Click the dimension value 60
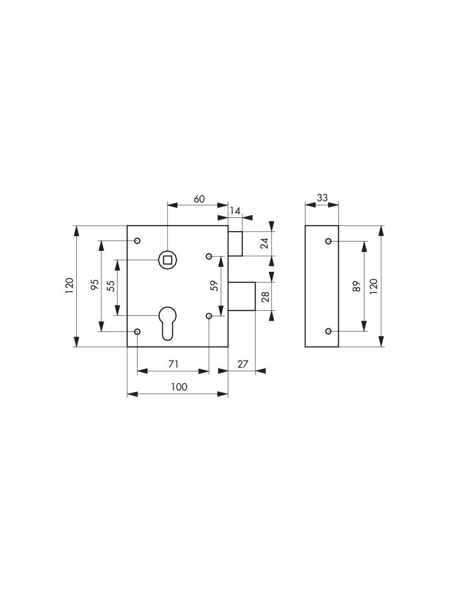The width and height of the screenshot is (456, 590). click(x=199, y=199)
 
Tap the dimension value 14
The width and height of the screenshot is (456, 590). click(x=235, y=211)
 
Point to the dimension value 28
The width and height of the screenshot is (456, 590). click(x=266, y=297)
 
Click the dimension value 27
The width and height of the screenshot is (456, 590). click(x=243, y=364)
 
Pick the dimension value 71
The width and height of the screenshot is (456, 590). click(x=173, y=364)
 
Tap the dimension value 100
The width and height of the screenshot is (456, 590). click(x=179, y=387)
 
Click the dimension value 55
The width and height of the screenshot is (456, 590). click(x=111, y=286)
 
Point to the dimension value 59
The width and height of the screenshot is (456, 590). click(x=215, y=286)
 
